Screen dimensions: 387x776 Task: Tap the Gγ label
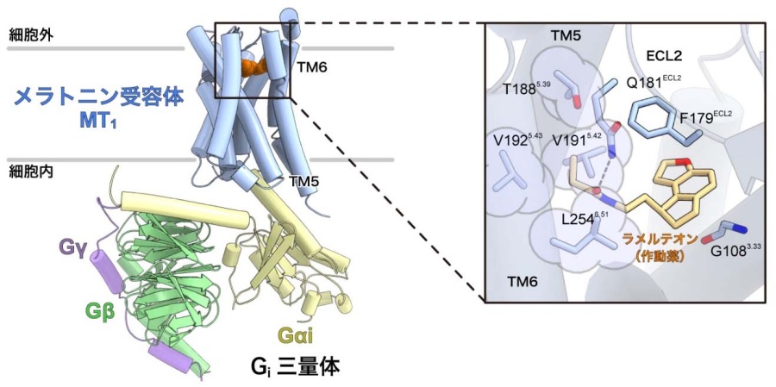point(72,247)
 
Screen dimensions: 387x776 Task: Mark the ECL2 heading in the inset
point(664,55)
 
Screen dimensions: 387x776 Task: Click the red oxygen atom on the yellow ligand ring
point(683,162)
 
